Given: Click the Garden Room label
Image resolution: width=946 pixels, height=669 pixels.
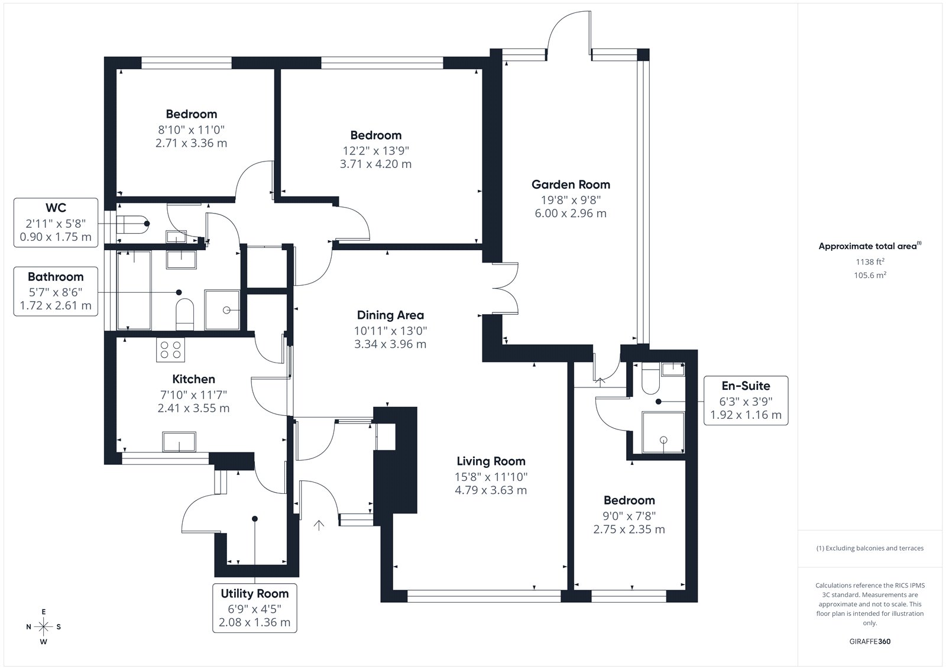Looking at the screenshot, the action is point(571,185).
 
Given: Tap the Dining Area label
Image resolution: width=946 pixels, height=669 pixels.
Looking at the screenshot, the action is point(390,315).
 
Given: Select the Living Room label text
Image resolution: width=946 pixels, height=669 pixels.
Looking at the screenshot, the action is point(491,461).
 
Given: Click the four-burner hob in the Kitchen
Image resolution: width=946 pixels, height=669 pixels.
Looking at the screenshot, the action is point(170,350).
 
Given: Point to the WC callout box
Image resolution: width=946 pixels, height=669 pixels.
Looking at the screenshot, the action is point(56,222).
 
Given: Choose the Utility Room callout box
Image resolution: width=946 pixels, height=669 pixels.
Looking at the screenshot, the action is point(255,607).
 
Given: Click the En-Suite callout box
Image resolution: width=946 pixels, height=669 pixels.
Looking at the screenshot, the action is point(746,400).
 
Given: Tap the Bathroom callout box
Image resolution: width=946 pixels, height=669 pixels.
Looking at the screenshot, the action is point(56,291).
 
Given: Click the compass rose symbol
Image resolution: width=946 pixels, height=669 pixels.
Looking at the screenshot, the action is point(44,627).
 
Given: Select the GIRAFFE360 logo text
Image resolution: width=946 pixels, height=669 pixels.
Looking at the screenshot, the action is point(870,641).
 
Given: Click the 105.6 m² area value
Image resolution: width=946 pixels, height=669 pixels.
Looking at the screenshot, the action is point(870,275).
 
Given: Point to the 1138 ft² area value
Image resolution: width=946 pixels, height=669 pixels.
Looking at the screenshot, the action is point(870,261).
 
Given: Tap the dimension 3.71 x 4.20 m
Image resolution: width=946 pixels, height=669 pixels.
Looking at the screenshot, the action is point(375,164).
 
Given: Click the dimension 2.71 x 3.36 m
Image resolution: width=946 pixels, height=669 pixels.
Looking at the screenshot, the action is point(192,143).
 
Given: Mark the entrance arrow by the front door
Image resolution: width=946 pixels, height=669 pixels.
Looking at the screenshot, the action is point(319,525).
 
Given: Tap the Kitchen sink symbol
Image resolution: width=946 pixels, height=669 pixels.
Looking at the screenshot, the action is point(179,442).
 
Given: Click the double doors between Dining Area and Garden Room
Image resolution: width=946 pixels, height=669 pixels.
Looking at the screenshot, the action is point(505,289).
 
